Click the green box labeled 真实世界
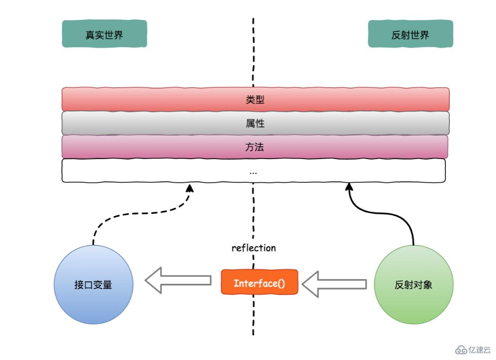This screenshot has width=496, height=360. pos(104,34)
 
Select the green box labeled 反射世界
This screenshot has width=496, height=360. pos(410,34)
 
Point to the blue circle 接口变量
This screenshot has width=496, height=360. pos(93,285)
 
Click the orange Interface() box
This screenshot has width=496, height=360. pos(259,282)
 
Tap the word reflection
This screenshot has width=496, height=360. pos(253,248)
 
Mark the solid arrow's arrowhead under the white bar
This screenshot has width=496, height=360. pos(348,187)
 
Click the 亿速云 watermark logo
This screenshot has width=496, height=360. pos(473,350)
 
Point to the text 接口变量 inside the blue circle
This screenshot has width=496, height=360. pos(93,285)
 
